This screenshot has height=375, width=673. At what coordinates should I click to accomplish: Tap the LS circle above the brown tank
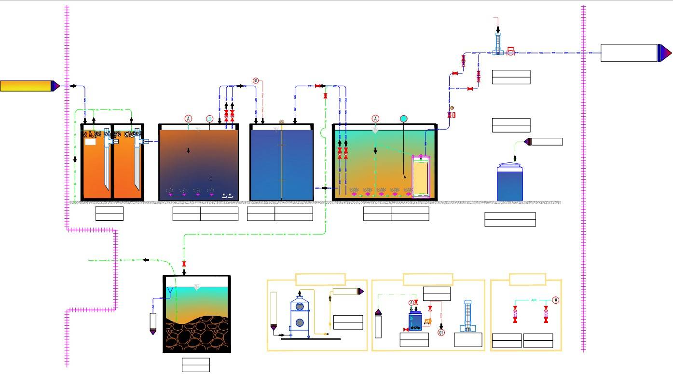(209, 119)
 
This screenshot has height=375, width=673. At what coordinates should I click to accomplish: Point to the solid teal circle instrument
(403, 119)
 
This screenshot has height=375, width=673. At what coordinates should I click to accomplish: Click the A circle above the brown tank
(188, 119)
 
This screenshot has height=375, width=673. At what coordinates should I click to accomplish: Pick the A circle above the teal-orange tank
(375, 119)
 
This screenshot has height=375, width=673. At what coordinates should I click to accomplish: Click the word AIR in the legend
(534, 300)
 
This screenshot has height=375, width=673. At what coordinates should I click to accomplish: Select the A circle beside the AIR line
(556, 300)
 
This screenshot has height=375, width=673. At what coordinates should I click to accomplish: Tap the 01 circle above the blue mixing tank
(256, 80)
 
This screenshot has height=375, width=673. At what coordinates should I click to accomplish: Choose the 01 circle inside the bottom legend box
(441, 332)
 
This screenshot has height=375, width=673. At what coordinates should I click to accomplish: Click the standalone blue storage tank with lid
(510, 182)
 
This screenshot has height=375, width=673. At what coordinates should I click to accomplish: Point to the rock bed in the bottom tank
(197, 335)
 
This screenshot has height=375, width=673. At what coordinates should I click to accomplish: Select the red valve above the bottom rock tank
(184, 264)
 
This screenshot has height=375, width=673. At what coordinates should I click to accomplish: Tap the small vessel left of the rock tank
(153, 323)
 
